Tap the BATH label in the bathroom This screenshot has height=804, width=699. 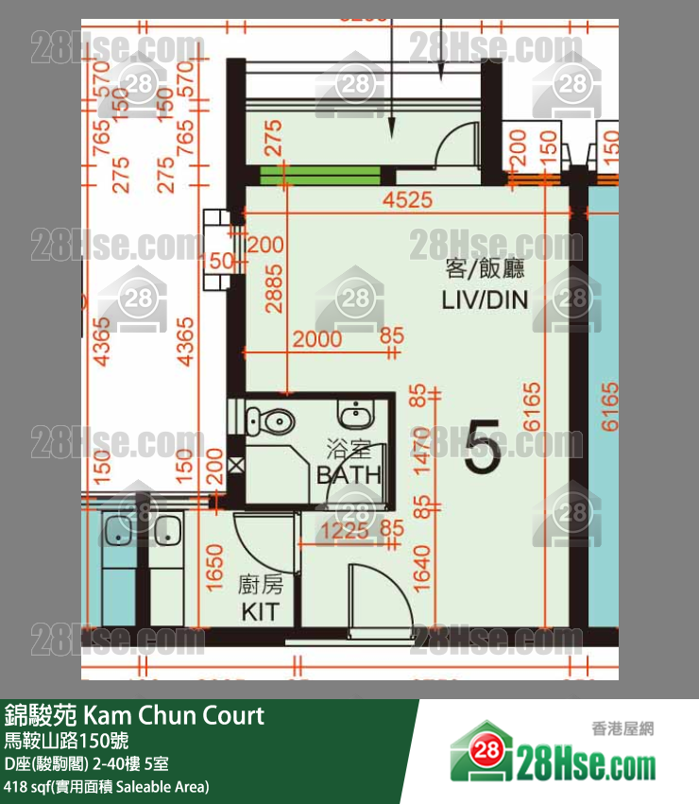pos(349,474)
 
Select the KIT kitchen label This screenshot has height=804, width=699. pos(260,611)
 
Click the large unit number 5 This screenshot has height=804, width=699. pos(482,452)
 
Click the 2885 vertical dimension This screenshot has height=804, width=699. pos(274,300)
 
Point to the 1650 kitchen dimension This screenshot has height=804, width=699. pos(215,569)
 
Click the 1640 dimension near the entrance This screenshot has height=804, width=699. pos(422,568)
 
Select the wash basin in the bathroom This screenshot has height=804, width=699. pos(356,415)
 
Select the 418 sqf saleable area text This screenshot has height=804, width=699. pos(107,786)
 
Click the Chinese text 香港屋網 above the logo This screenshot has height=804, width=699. pos(622,728)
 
